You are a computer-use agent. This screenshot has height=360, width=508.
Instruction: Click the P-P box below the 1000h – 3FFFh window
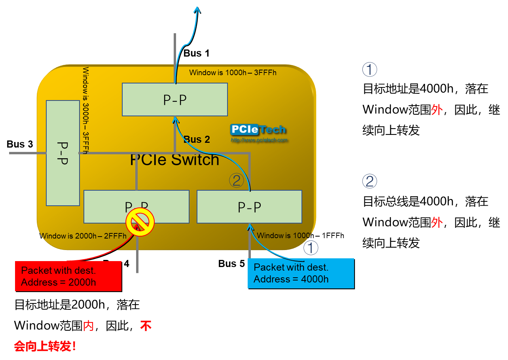point(174,100)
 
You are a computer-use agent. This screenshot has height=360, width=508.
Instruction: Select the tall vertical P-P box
point(63,153)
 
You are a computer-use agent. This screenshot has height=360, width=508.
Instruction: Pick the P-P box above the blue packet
point(249,207)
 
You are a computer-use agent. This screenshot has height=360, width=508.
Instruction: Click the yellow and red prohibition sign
point(140,222)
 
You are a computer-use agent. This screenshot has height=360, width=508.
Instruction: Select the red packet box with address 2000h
point(68,276)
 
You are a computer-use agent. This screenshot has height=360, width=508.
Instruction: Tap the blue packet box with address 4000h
point(301,273)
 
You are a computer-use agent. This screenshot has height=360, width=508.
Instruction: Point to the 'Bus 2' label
point(197,140)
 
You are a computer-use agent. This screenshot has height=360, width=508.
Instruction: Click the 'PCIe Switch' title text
point(174,160)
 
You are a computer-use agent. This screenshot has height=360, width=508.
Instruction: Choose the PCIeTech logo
point(258,129)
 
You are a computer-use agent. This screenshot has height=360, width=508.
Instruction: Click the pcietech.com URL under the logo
point(259,140)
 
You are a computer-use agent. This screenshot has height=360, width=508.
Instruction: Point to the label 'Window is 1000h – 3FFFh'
point(233,73)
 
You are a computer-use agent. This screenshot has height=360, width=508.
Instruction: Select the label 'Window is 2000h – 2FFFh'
point(83,236)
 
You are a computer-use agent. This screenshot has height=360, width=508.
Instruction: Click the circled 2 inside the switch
point(236,181)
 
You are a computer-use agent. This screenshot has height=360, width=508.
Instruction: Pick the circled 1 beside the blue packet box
point(311,248)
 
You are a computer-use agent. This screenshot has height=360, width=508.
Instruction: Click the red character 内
point(88,326)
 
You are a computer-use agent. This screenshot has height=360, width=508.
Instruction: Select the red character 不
point(146,326)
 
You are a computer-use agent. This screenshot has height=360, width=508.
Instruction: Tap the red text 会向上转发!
point(45,347)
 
